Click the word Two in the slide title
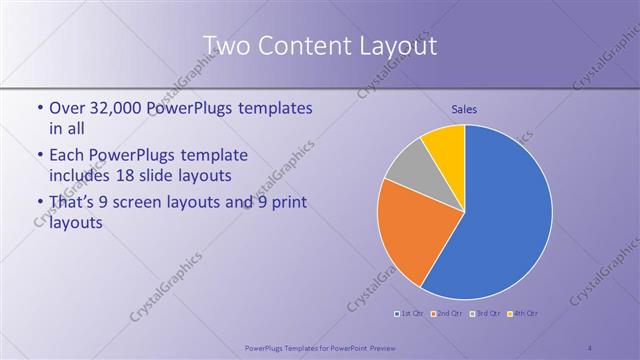pos(227,47)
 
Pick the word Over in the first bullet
pos(67,108)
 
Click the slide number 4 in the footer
pos(590,346)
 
